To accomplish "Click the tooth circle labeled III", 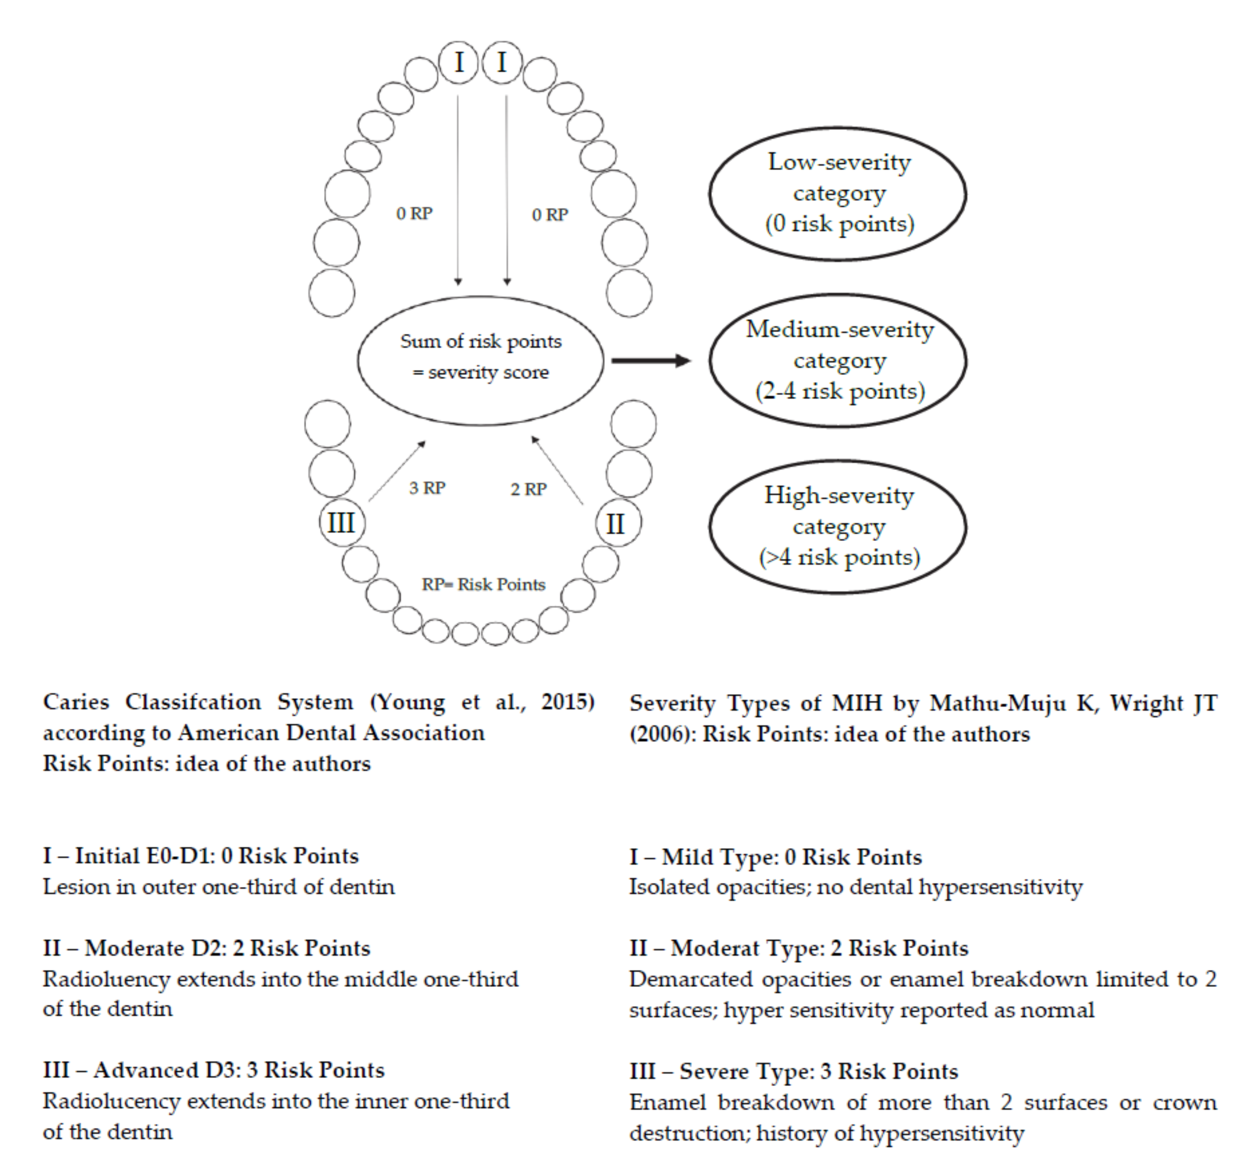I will [x=341, y=523].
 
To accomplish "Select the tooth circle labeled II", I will [x=618, y=523].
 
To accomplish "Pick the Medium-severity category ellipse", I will [x=837, y=361].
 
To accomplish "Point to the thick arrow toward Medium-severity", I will [x=651, y=361].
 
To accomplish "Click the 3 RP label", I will [x=427, y=488].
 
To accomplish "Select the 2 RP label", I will [x=528, y=489].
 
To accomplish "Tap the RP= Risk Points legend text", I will [x=483, y=584].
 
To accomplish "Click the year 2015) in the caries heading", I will [x=567, y=702].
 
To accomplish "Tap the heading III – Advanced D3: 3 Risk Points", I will [x=213, y=1070].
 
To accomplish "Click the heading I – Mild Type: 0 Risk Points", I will [x=775, y=857].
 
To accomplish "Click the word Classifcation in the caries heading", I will [x=193, y=702].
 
